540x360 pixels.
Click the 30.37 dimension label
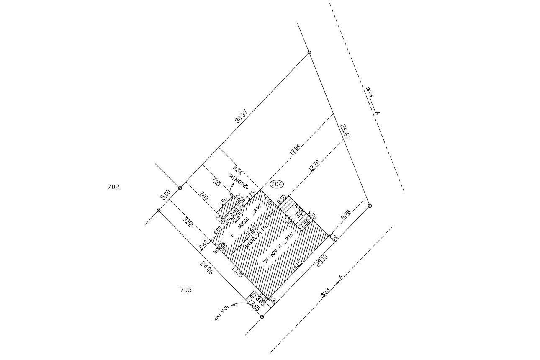tap(241, 116)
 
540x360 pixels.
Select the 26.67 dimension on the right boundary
tap(345, 131)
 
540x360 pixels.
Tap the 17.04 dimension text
tap(295, 150)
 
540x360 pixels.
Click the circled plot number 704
tap(277, 184)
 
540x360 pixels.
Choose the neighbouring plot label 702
tap(113, 187)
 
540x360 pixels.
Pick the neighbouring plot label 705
tap(185, 290)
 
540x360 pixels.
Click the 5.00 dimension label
tap(166, 194)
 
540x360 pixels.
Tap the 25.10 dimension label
tap(321, 261)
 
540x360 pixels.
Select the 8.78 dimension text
tap(346, 215)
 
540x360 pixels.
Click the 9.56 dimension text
tap(237, 169)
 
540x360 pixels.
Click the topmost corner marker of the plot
tap(309, 53)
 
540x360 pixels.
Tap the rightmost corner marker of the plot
tap(370, 206)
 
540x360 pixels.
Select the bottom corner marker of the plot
tap(262, 317)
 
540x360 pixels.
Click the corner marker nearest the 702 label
tap(180, 188)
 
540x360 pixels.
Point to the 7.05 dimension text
tap(216, 182)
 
